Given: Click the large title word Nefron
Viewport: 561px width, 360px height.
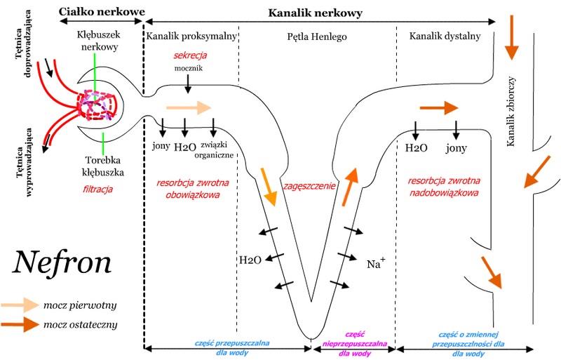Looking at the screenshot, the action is [x=62, y=262].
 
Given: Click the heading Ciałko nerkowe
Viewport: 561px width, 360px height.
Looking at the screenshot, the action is [x=102, y=11].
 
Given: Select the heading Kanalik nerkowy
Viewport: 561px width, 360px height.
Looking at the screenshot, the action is [x=315, y=13].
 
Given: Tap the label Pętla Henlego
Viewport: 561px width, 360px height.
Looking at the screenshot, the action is [x=317, y=36].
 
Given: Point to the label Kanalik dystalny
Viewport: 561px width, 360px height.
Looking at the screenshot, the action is [x=445, y=36].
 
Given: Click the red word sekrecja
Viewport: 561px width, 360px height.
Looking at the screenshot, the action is [x=190, y=55].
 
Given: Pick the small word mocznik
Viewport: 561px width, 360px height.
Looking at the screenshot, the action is [x=189, y=68].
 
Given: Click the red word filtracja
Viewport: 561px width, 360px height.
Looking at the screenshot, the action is [x=97, y=189].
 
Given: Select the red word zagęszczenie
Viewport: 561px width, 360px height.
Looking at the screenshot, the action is [x=309, y=186].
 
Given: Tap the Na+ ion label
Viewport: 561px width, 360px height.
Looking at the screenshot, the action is [x=376, y=263].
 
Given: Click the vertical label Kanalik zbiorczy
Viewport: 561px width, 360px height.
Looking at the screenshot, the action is [x=511, y=111].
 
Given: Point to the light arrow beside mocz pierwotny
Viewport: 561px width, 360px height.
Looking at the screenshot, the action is [x=20, y=305].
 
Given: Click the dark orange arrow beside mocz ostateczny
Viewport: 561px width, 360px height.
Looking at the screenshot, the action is [x=20, y=324].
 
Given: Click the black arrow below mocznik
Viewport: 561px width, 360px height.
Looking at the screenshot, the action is [x=188, y=85].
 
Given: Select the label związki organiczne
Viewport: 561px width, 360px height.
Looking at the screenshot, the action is [x=214, y=150].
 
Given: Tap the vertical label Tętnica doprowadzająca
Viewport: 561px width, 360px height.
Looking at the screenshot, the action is [x=22, y=44].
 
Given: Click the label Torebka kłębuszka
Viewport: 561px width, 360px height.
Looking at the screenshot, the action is [x=102, y=166].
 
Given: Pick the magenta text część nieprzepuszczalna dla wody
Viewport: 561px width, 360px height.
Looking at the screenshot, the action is [x=355, y=344].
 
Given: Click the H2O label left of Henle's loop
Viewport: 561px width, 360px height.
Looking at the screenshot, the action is [x=250, y=260].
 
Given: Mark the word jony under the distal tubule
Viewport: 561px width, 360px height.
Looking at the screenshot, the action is [x=457, y=148].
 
